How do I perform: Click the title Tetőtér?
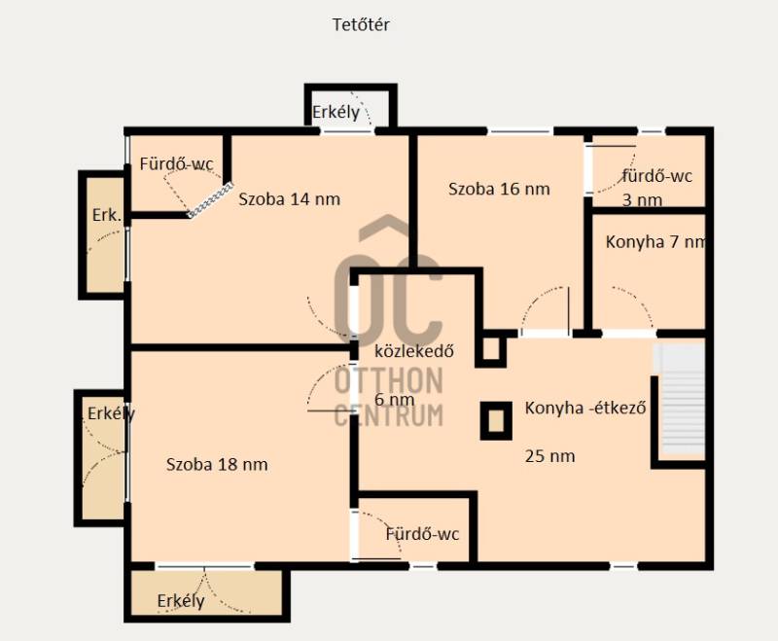[361, 24]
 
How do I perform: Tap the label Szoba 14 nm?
[289, 199]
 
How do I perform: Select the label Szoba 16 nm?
[499, 189]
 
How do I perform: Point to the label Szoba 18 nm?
[217, 465]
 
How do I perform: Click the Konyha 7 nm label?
[655, 242]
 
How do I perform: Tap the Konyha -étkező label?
[585, 408]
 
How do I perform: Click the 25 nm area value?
[549, 456]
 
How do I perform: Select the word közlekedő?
[414, 351]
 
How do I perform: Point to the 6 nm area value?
[395, 400]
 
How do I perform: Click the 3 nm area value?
[642, 200]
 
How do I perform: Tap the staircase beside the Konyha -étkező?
[679, 399]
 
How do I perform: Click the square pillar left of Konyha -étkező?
[496, 421]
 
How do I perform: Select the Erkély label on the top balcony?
[336, 112]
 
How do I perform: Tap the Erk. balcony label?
[107, 215]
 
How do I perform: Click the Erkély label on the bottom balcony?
[181, 601]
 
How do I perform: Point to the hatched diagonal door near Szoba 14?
[210, 199]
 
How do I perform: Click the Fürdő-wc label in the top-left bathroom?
[177, 163]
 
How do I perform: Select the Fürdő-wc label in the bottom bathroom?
[422, 534]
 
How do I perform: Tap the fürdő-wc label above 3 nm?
[657, 176]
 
